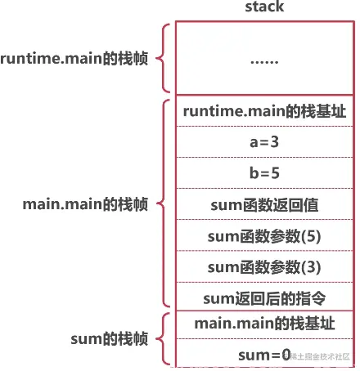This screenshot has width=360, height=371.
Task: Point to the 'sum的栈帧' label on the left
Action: click(115, 338)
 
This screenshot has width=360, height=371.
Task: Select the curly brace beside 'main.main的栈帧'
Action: click(164, 203)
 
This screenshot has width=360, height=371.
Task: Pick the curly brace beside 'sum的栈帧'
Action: click(164, 338)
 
